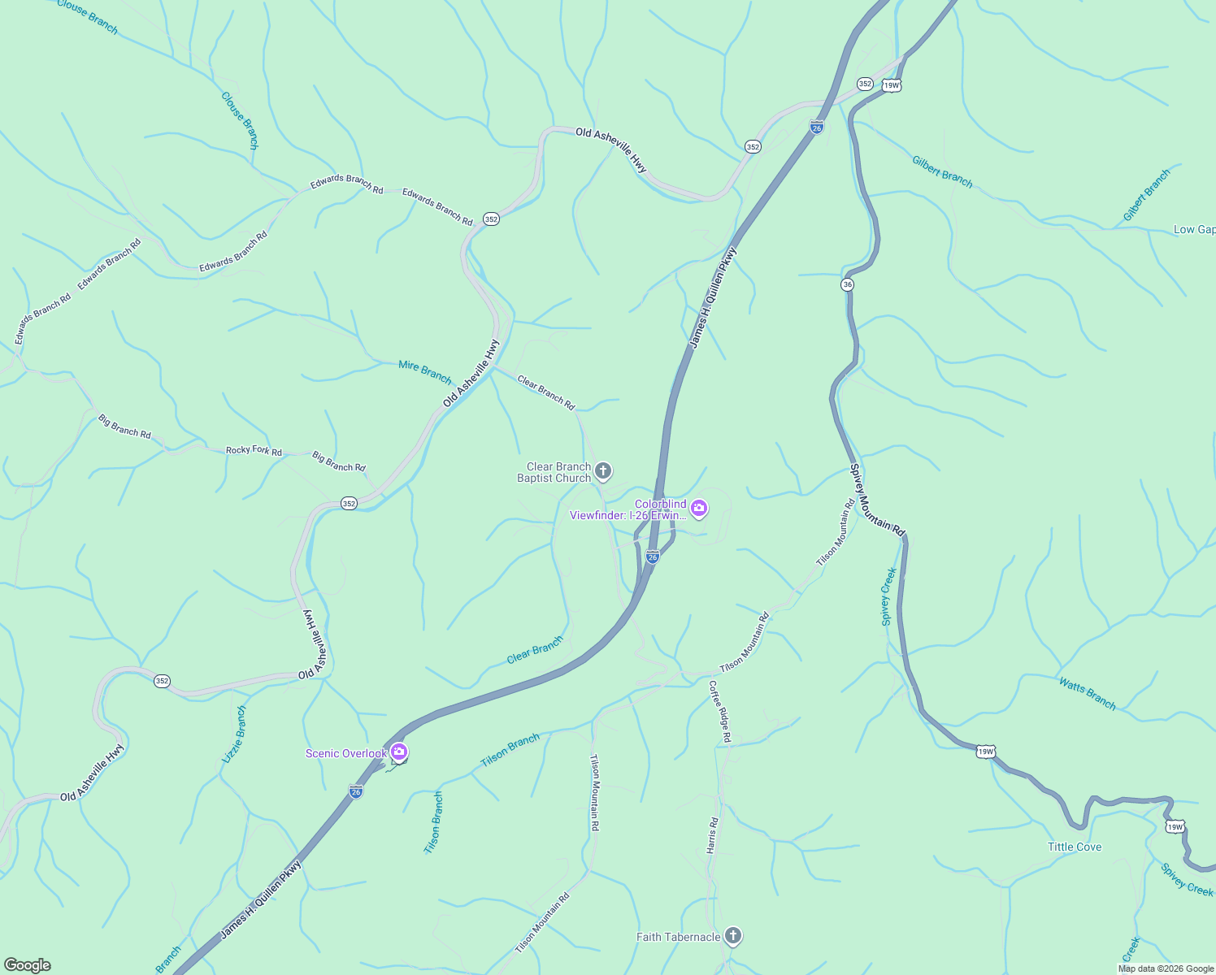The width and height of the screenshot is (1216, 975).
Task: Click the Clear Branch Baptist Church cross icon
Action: [x=602, y=471]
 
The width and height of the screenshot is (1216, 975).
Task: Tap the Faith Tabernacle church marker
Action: [x=732, y=937]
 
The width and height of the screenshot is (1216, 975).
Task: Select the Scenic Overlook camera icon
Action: [x=398, y=753]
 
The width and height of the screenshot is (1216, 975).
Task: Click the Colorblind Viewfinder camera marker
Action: [x=698, y=509]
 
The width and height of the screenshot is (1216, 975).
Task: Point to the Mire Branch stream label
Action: [x=425, y=372]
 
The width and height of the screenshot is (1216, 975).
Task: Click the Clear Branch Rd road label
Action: [x=546, y=392]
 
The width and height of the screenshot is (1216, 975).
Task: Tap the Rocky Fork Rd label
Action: [x=254, y=450]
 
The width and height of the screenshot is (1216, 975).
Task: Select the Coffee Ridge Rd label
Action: [x=719, y=711]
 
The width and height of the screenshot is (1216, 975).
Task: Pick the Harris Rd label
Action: [x=712, y=835]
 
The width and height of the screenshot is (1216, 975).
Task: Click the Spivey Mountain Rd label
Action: [x=877, y=499]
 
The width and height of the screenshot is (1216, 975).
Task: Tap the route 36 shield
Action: [x=848, y=284]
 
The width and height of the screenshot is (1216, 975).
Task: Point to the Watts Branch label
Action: [x=1087, y=693]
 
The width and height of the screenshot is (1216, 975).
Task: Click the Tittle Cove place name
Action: [x=1075, y=847]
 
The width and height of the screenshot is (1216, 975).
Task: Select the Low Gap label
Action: [x=1194, y=230]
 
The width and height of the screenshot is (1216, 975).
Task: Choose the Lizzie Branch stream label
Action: [x=234, y=734]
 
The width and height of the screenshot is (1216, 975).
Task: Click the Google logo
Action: [x=28, y=965]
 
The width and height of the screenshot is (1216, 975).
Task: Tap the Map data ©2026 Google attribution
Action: [x=1166, y=968]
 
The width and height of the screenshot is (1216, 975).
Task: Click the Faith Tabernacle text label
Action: [x=678, y=937]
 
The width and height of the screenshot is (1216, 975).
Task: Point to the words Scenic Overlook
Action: [x=345, y=753]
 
